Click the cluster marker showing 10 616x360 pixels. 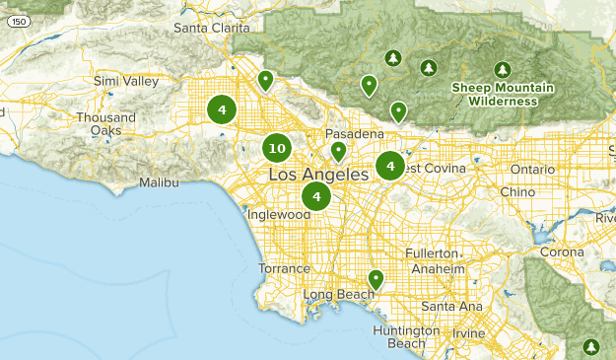(x=276, y=149)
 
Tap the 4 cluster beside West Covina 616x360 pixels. (x=390, y=166)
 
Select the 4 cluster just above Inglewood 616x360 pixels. (x=316, y=196)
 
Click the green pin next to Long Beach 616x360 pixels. (x=375, y=280)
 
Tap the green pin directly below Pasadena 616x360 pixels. (x=338, y=151)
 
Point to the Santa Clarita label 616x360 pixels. (x=212, y=28)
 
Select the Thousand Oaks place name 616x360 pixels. (x=99, y=123)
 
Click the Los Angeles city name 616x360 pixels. (x=317, y=175)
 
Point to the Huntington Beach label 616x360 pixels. (x=399, y=336)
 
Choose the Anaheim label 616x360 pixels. (x=438, y=268)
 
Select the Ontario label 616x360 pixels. (x=533, y=168)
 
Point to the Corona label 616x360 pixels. (x=563, y=252)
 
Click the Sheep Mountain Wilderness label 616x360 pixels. (x=503, y=94)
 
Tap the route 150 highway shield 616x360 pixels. (x=9, y=34)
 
